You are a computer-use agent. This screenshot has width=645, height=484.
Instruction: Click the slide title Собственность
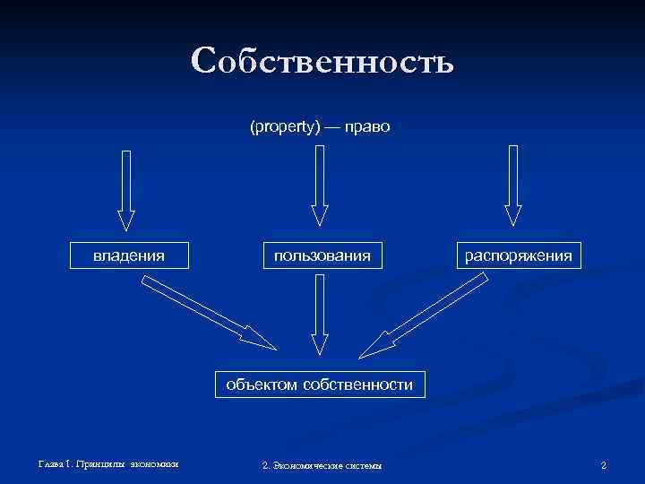click(322, 61)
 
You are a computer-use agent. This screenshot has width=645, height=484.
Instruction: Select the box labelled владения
click(129, 255)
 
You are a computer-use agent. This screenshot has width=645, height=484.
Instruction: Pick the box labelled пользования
click(322, 255)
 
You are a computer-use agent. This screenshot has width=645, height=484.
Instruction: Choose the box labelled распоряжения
click(518, 255)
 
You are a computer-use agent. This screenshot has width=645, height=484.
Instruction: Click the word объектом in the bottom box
click(262, 385)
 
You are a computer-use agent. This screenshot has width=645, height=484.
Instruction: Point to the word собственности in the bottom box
click(358, 385)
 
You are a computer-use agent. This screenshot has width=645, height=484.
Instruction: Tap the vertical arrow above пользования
click(320, 186)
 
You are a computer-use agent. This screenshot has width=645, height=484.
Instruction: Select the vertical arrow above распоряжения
click(512, 186)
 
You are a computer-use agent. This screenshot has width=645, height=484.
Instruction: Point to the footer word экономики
click(154, 464)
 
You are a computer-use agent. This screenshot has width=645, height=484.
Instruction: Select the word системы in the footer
click(364, 465)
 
